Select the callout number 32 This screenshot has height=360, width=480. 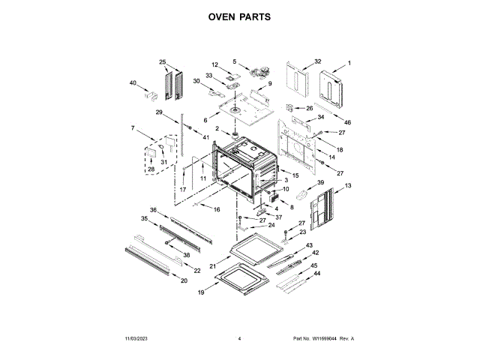(318, 61)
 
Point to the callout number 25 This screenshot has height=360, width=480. (161, 61)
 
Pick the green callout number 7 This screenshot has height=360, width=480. (133, 128)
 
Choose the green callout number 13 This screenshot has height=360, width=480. (348, 184)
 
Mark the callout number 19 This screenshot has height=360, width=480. (201, 292)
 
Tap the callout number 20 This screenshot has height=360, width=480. (184, 280)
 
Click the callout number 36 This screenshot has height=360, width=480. (153, 210)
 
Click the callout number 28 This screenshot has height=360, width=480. (150, 169)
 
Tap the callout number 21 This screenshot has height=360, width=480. (212, 266)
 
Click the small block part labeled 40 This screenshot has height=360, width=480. (149, 95)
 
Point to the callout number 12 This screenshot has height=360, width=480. (214, 65)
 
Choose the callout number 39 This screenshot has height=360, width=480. (320, 182)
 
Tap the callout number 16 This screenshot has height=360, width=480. (217, 209)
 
